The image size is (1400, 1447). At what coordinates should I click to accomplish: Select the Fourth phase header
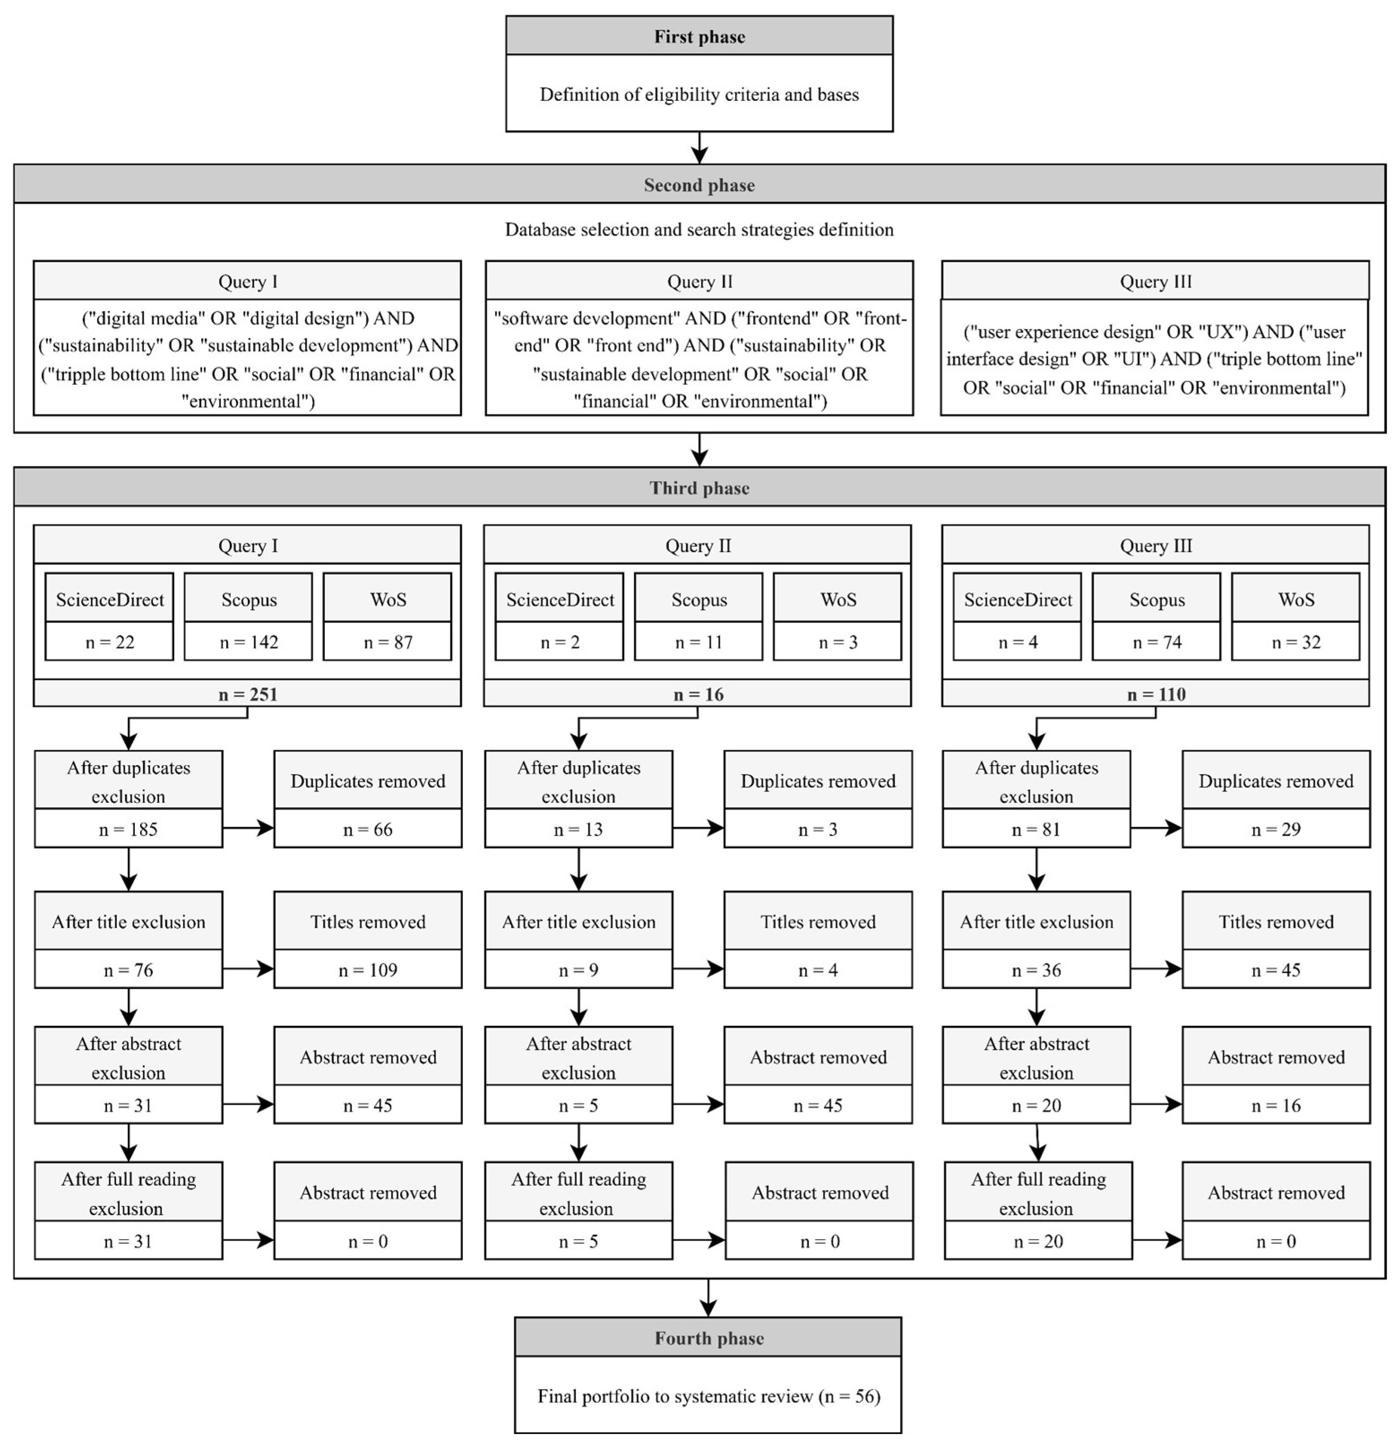708,1338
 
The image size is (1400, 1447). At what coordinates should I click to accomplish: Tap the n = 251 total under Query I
247,694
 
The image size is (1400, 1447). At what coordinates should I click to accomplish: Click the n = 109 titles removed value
368,970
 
